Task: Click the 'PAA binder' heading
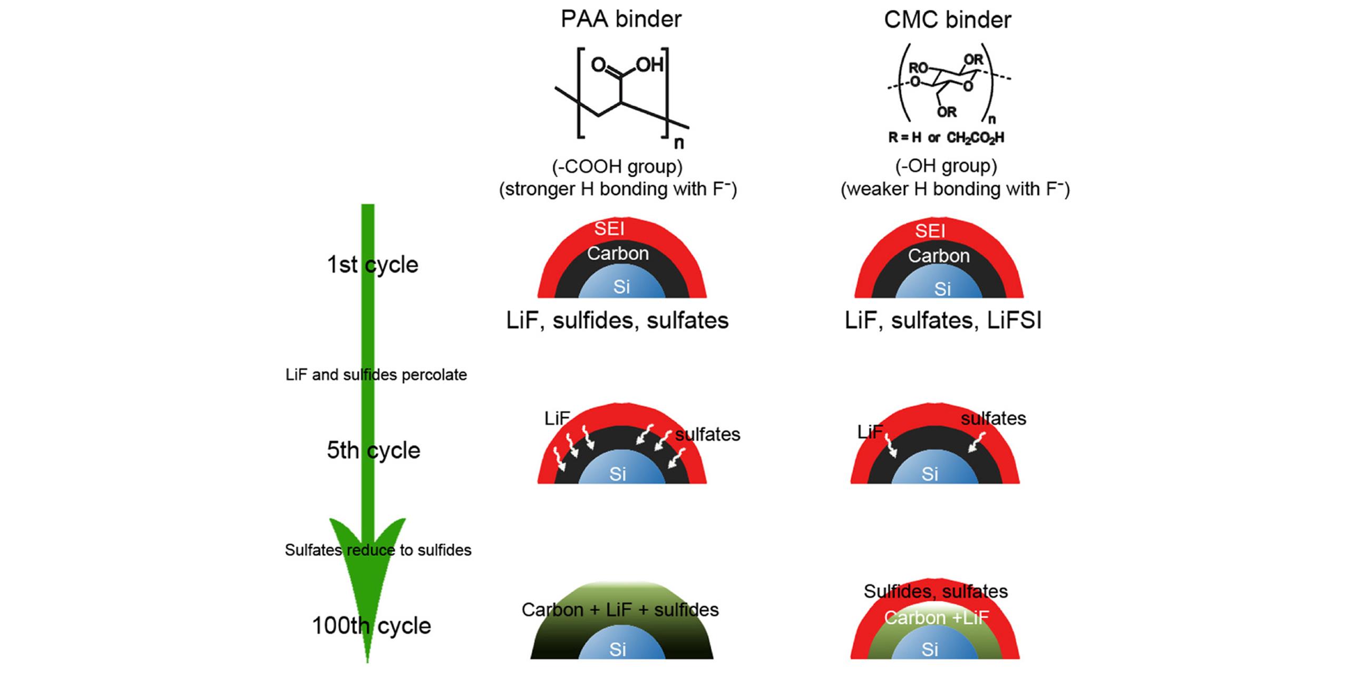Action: tap(620, 19)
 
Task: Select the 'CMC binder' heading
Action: tap(947, 20)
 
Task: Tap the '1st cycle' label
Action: tap(372, 265)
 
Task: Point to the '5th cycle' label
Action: tap(373, 450)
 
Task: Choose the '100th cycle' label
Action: tap(371, 626)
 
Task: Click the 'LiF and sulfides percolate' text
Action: tap(376, 375)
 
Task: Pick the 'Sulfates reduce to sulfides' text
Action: tap(378, 550)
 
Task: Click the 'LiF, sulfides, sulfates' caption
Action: tap(617, 321)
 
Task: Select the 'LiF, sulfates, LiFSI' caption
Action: tap(943, 321)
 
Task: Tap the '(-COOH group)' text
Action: tap(617, 167)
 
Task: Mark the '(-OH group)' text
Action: tap(946, 166)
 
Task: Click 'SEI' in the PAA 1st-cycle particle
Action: tap(609, 229)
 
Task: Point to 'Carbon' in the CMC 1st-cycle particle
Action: tap(938, 256)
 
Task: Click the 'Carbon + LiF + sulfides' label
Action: tap(620, 610)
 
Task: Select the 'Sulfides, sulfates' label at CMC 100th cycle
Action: tap(936, 591)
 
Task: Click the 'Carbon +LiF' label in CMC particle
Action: tap(936, 618)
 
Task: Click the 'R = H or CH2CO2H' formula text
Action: tap(946, 138)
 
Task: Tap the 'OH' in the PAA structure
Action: tap(649, 65)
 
